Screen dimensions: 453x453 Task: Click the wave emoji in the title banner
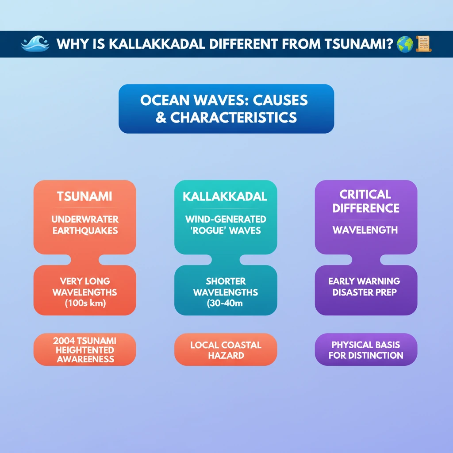[x=35, y=44]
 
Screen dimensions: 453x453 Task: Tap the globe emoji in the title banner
[x=405, y=44]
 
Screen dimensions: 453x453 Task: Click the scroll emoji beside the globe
[x=423, y=44]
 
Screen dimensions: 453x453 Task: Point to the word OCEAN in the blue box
[x=165, y=100]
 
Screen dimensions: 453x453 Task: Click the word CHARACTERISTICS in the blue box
[x=234, y=118]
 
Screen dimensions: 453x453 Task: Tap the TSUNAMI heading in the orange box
[x=84, y=196]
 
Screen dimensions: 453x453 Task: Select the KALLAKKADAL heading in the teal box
[x=225, y=196]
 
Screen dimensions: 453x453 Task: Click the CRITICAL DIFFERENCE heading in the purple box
[x=366, y=201]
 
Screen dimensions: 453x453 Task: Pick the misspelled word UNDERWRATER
[x=85, y=219]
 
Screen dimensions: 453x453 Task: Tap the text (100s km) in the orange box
[x=85, y=303]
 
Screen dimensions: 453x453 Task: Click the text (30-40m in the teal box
[x=225, y=303]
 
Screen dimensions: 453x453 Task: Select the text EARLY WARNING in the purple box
[x=364, y=281]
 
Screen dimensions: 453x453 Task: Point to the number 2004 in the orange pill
[x=64, y=341]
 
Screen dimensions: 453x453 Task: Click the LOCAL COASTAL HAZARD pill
[x=226, y=349]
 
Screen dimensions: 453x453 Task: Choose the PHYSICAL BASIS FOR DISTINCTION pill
[x=366, y=349]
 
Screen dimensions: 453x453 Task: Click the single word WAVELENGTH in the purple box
[x=365, y=230]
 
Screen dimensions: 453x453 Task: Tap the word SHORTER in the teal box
[x=226, y=281]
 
